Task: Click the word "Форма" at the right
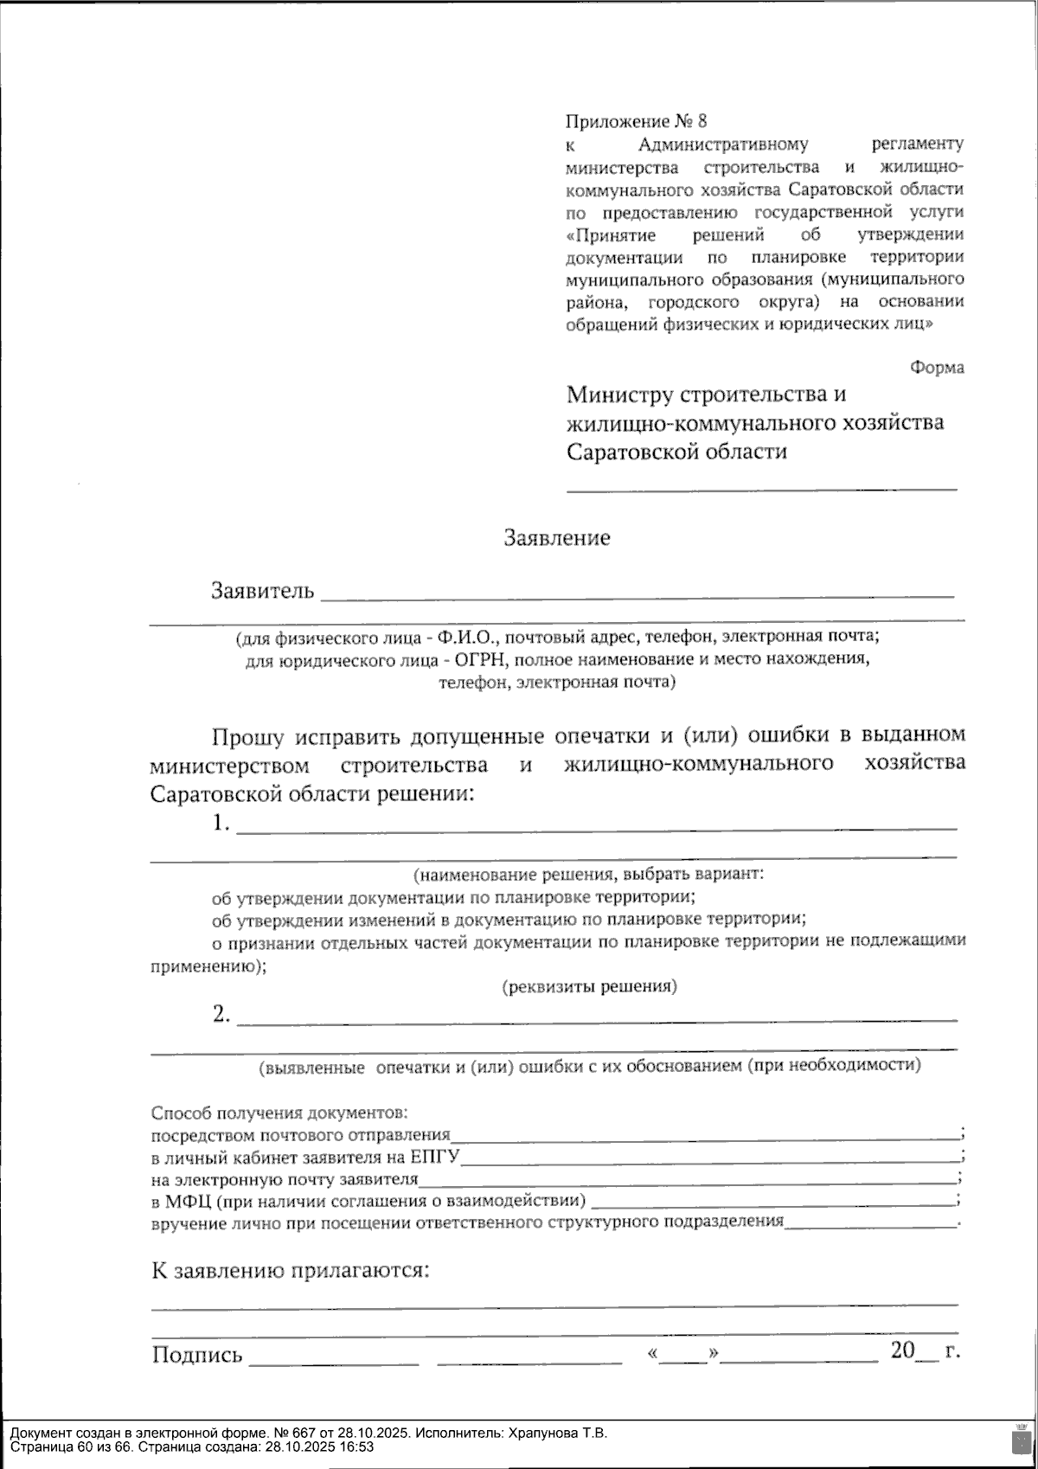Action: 937,368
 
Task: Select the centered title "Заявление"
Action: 557,538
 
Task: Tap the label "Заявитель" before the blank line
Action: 262,591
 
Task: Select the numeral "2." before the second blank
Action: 221,1014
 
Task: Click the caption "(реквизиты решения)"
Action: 590,986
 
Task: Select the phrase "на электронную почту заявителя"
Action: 285,1179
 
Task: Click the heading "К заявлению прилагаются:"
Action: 291,1271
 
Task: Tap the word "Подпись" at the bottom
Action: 197,1355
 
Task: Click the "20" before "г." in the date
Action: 902,1350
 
